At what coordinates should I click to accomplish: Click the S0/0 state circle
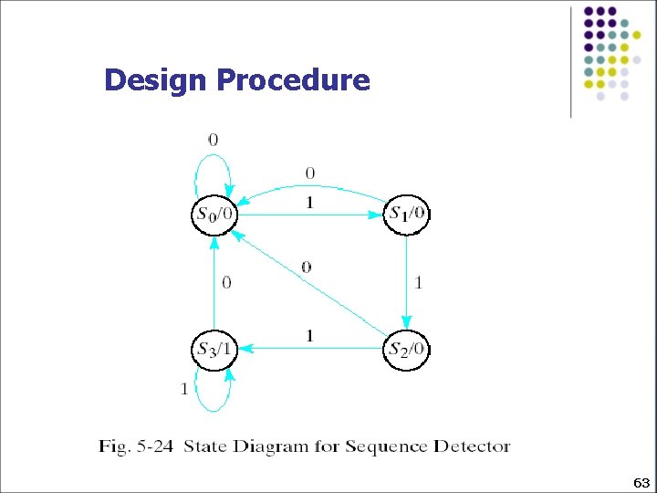(214, 215)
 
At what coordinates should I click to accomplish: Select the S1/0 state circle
(406, 215)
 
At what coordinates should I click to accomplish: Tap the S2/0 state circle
(407, 349)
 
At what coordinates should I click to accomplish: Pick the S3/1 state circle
(214, 349)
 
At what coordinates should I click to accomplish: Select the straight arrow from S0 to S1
(310, 215)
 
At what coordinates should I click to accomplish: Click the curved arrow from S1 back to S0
(310, 188)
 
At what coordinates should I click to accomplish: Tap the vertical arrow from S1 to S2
(406, 282)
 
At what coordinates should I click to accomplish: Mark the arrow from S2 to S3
(310, 348)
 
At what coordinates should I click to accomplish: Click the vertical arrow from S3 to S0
(214, 282)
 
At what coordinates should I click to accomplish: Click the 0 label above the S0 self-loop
(213, 140)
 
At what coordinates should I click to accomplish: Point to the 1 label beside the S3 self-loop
(184, 389)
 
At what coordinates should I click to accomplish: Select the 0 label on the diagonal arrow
(307, 267)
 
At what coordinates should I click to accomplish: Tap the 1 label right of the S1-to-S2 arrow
(419, 283)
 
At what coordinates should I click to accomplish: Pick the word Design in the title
(156, 80)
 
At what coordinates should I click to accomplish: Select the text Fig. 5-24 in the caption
(138, 446)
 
